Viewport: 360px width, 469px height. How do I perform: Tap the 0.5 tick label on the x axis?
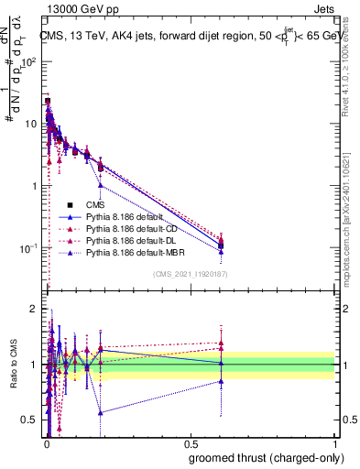pyautogui.click(x=191, y=444)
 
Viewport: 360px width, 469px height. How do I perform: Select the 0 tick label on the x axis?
pyautogui.click(x=46, y=444)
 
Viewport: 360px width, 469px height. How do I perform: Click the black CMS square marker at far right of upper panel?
pyautogui.click(x=220, y=245)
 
